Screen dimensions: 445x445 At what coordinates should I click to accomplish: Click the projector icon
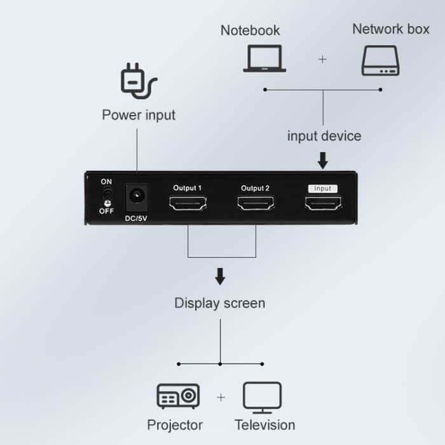pos(178,396)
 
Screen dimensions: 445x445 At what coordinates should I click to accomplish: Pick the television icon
pos(262,397)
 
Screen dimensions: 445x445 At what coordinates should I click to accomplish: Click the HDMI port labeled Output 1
pos(187,203)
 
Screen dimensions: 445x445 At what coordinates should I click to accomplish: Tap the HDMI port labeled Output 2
pos(256,203)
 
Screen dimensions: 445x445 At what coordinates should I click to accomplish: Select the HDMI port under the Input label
pos(323,203)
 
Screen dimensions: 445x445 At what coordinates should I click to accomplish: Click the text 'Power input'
pos(139,115)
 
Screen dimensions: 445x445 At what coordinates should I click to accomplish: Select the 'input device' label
pos(324,136)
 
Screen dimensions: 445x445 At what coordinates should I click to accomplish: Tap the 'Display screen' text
pos(220,303)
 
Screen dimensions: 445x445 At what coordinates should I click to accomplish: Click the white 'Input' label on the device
pos(323,188)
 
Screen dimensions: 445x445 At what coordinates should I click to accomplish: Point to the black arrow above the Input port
pos(323,160)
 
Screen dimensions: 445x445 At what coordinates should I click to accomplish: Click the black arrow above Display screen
pos(220,277)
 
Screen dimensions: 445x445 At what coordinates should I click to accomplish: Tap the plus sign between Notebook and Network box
pos(322,59)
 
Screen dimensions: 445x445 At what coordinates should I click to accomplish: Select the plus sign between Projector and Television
pos(221,397)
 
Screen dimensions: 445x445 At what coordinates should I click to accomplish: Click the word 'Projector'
pos(175,425)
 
